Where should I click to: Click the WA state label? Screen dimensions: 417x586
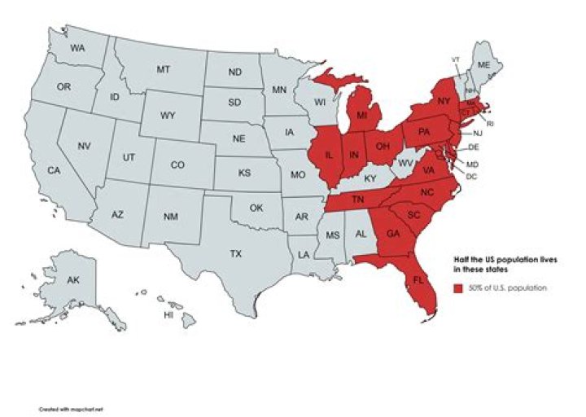78,49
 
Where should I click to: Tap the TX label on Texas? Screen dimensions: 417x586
236,254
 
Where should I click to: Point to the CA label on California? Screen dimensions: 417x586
54,171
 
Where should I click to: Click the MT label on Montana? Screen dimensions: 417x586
163,70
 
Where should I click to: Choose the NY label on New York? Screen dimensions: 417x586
444,101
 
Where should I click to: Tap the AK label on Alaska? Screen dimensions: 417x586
72,280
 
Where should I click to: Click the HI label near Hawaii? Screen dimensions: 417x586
169,314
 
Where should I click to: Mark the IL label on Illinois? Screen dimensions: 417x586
329,155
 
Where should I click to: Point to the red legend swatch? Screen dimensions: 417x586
458,288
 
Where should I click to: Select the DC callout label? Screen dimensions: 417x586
471,176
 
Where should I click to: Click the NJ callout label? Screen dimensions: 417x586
478,133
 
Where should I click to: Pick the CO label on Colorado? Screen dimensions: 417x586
177,165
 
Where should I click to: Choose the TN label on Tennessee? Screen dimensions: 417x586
356,200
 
